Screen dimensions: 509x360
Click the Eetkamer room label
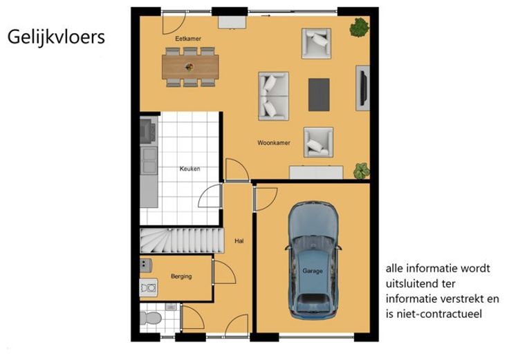(188, 39)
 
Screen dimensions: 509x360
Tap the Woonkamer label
(274, 143)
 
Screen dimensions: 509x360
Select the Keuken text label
(190, 169)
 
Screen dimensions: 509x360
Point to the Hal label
(239, 240)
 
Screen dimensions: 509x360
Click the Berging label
(181, 276)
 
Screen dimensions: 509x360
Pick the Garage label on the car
(313, 271)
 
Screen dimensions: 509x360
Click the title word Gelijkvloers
(56, 37)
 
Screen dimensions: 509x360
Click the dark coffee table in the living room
(319, 95)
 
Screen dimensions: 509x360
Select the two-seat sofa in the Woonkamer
(273, 96)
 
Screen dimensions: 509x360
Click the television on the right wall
(364, 88)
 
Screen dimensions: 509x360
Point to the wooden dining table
(190, 67)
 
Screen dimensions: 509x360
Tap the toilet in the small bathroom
(151, 318)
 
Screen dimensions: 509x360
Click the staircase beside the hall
(182, 240)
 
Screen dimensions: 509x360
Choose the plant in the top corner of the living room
(360, 28)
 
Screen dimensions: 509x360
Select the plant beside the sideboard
(362, 171)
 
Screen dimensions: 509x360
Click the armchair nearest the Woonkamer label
(318, 142)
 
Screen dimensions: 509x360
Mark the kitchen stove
(148, 131)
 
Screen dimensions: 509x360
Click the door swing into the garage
(266, 200)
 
